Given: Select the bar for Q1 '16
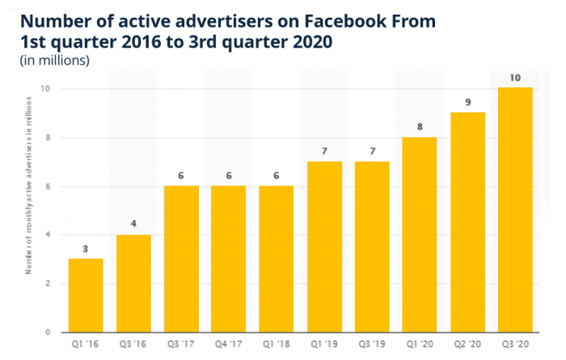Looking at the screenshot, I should click(85, 295).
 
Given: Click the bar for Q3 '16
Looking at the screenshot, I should click(133, 283).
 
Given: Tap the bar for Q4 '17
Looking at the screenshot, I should click(228, 259).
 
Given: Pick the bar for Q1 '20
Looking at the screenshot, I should click(419, 235).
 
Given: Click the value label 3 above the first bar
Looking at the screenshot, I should click(85, 248).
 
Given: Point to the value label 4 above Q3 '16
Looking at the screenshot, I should click(133, 224).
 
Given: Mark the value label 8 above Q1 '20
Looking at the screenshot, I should click(419, 126).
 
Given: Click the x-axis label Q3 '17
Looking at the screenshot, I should click(180, 344).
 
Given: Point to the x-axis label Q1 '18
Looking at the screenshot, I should click(276, 344).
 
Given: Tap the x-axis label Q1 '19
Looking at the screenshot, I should click(323, 344).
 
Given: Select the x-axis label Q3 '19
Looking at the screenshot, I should click(371, 344).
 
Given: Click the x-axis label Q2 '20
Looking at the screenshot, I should click(467, 344).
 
